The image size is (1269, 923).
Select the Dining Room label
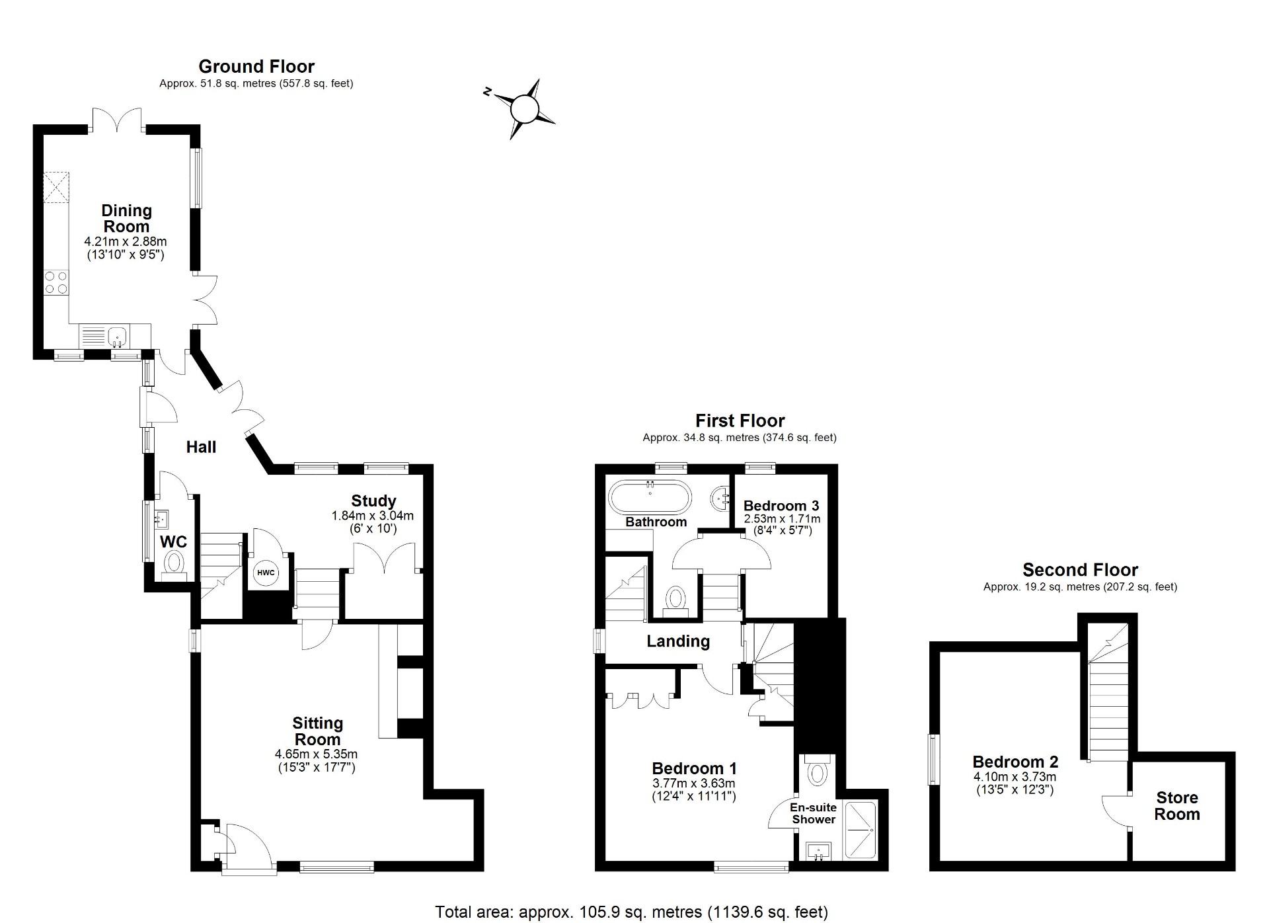(126, 218)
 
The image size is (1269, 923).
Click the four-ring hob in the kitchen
(56, 282)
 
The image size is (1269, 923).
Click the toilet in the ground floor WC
(174, 564)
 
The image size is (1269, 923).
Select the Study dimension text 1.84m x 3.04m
(373, 516)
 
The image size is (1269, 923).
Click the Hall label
(201, 448)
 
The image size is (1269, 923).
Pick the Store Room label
(1176, 806)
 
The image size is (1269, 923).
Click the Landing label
(678, 641)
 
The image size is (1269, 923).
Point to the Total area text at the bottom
(631, 912)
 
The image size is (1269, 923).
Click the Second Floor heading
(1080, 570)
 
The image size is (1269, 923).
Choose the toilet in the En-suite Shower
(818, 771)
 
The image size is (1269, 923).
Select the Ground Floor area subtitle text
(256, 84)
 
